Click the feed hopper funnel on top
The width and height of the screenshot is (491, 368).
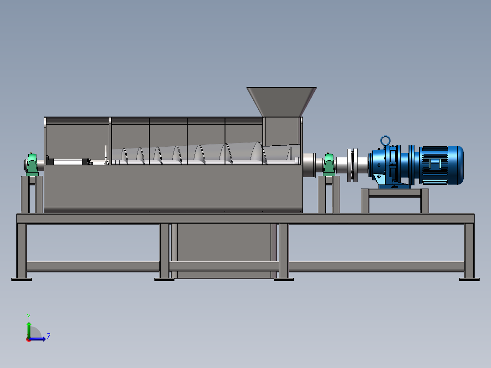(x=281, y=102)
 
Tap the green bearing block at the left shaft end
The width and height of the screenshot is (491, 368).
(x=32, y=164)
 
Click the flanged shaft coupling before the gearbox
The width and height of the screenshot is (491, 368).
(x=352, y=165)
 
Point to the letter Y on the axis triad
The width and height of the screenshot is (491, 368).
(x=29, y=317)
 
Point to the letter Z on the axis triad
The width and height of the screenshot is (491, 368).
(x=49, y=337)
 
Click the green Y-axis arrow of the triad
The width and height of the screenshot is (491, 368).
(x=29, y=330)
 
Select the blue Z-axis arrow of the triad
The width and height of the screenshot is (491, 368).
(x=37, y=339)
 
